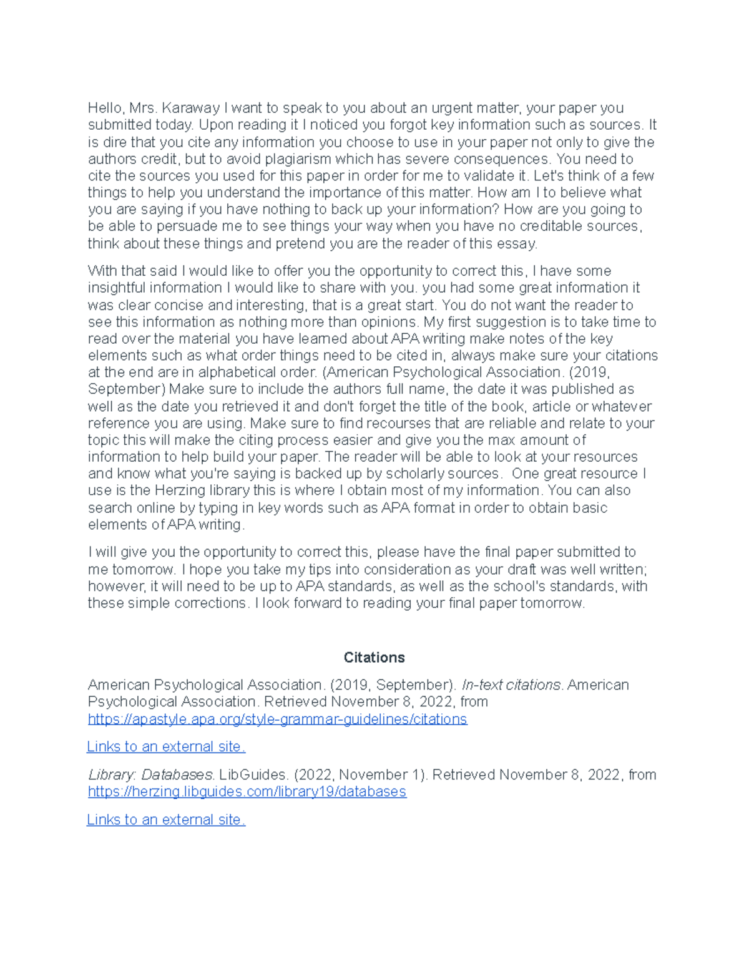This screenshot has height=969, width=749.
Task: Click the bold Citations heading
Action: [x=374, y=658]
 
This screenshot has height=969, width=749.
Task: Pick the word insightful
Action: [x=117, y=288]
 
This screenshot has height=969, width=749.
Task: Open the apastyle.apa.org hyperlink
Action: [x=277, y=719]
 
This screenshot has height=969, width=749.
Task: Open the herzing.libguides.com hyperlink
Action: [x=247, y=792]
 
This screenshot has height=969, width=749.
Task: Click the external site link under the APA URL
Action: [x=165, y=747]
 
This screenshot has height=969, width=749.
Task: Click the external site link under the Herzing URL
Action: [x=165, y=820]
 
